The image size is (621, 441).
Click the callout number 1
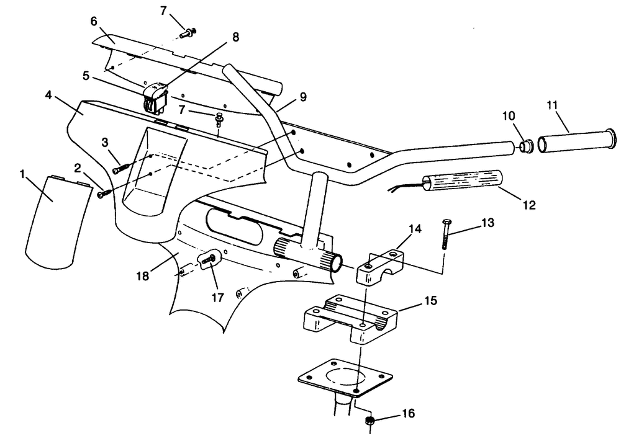coord(23,174)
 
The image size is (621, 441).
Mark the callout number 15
coord(430,301)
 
